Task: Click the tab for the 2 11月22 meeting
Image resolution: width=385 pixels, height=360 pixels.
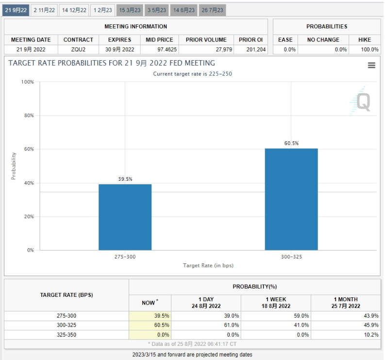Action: click(44, 10)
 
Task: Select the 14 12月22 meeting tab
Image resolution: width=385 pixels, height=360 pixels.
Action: click(74, 10)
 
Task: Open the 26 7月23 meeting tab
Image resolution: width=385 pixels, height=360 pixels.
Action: click(212, 10)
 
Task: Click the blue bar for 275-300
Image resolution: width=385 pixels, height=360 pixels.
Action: click(125, 217)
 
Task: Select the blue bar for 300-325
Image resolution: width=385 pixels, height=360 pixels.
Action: click(291, 199)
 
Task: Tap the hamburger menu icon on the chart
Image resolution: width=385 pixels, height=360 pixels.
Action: click(371, 65)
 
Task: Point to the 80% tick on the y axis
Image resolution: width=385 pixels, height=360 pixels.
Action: click(27, 116)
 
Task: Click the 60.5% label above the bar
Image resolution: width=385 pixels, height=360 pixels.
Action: click(291, 143)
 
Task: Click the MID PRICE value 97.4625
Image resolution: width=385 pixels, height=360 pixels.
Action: click(159, 50)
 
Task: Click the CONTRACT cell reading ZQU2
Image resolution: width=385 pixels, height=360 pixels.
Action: click(78, 50)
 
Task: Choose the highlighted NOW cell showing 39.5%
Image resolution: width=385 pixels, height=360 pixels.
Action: click(150, 316)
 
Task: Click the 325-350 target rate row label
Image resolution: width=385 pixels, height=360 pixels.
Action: click(67, 335)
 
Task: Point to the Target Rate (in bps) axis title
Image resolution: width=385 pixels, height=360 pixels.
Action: click(208, 266)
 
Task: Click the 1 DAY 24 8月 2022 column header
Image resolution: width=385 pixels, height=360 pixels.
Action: click(206, 303)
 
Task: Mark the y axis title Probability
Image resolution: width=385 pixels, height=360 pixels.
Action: click(14, 166)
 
